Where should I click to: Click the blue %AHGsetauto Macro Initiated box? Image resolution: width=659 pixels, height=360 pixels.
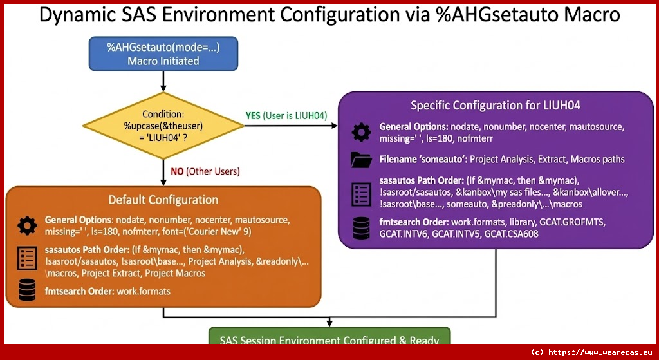click(x=163, y=53)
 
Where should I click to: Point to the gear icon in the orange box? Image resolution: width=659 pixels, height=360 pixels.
click(x=27, y=225)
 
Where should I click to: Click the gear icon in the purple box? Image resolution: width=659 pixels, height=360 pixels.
click(x=361, y=132)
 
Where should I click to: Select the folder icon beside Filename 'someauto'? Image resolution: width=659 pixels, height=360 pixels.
click(x=361, y=159)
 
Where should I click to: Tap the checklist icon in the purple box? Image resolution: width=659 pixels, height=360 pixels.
click(x=361, y=194)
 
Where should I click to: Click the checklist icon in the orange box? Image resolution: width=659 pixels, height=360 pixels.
click(x=27, y=258)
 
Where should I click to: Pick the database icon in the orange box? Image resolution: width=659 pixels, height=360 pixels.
click(x=27, y=291)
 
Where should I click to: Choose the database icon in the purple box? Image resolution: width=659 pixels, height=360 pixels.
click(x=361, y=227)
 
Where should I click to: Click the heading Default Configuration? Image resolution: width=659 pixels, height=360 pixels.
click(x=163, y=200)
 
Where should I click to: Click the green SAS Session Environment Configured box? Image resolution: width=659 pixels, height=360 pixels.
click(x=329, y=339)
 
